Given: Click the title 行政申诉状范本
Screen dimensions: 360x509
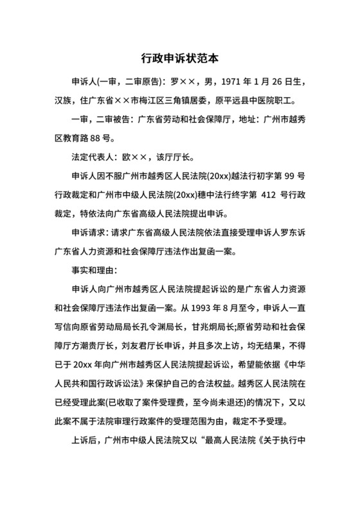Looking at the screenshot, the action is coord(180,57).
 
